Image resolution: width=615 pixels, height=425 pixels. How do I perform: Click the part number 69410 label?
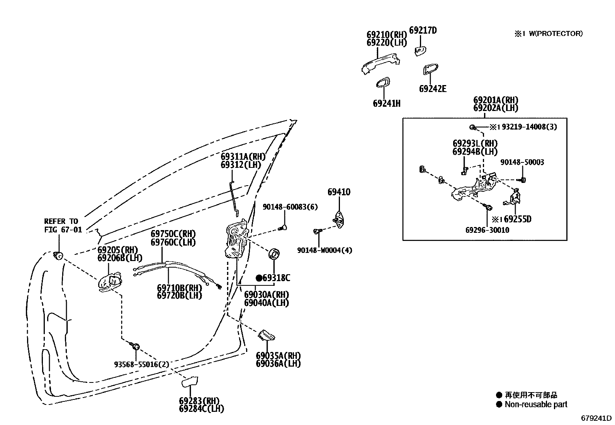339,192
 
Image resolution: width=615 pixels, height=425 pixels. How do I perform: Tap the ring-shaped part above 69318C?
275,254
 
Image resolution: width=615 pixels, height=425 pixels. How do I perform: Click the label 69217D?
423,30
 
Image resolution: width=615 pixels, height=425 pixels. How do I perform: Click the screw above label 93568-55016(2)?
136,345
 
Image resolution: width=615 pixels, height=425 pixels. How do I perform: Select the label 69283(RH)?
199,401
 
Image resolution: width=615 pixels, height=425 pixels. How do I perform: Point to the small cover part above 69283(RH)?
190,382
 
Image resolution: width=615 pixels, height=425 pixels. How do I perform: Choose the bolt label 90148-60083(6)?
290,207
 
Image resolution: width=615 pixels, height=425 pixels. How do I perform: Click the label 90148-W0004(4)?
324,250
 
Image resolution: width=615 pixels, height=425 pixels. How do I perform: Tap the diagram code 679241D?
596,418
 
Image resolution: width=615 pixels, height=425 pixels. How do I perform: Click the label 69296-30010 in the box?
487,230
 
